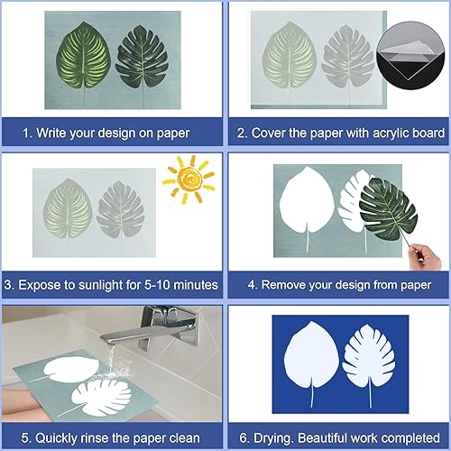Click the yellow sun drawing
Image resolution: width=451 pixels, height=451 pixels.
point(189,179)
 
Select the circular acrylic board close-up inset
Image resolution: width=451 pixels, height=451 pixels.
point(410,55)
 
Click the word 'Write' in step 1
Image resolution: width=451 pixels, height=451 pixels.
point(51,133)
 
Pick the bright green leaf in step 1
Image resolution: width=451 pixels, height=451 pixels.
point(83,57)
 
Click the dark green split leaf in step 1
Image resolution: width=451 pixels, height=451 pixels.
point(142,57)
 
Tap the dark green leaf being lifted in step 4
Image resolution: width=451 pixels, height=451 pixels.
point(389,209)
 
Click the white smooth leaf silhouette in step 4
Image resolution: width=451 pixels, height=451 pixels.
point(307,201)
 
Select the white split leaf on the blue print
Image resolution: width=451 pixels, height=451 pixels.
point(369,358)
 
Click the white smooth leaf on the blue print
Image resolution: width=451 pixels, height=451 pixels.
point(311,356)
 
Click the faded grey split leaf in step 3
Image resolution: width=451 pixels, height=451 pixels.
point(121,210)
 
